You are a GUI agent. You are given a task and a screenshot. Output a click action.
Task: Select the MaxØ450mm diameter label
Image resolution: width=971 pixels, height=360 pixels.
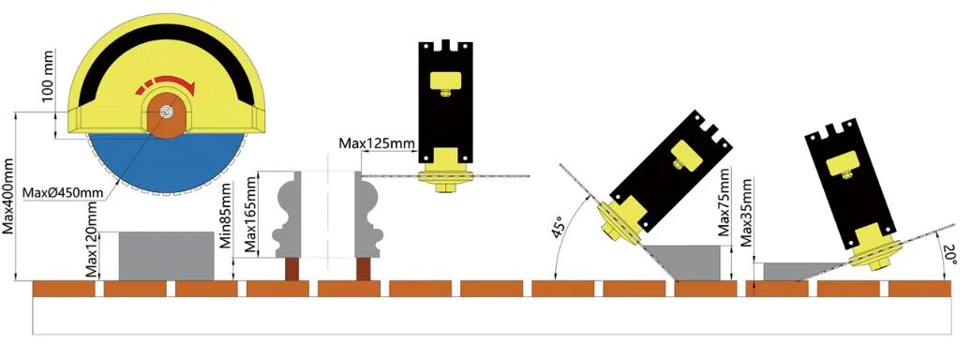click(x=63, y=193)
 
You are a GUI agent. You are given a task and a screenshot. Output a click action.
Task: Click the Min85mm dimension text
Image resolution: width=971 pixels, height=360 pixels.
click(x=226, y=215)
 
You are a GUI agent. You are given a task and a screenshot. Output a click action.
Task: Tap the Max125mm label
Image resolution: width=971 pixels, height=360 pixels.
click(x=377, y=143)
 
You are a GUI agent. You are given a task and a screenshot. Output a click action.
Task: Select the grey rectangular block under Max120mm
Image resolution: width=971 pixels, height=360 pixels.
click(x=166, y=255)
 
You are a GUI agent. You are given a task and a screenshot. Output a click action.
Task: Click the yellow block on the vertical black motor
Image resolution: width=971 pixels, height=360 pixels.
click(x=446, y=81)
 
